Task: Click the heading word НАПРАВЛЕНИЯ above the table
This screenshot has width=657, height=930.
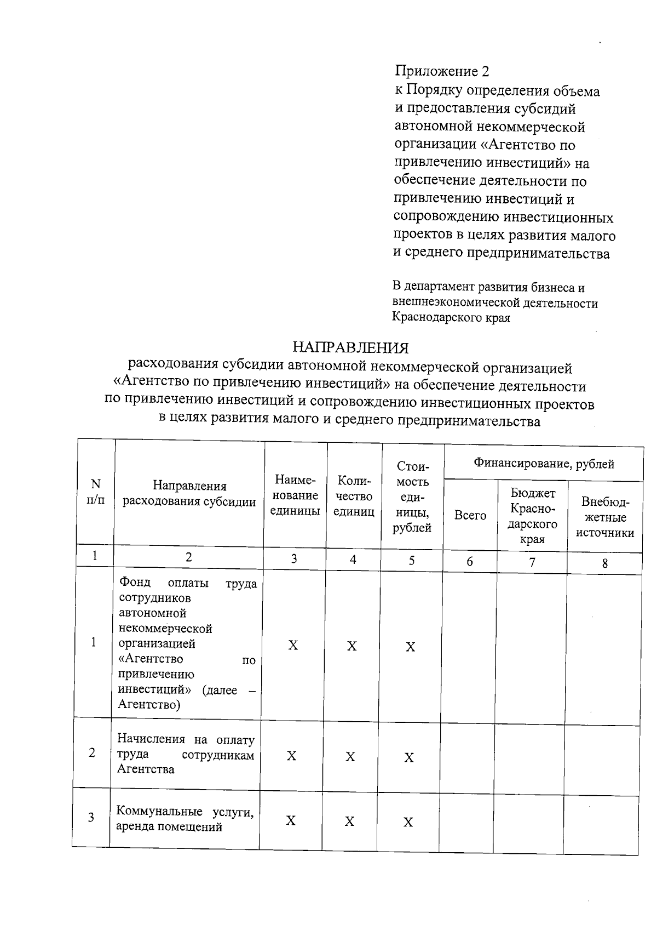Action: (350, 347)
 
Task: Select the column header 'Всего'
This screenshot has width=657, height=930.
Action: (470, 515)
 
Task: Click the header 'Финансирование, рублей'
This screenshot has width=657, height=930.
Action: (544, 464)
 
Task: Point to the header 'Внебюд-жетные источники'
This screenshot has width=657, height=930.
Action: (605, 517)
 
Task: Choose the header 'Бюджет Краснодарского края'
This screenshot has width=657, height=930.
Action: (532, 516)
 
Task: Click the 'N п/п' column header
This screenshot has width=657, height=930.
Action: (96, 492)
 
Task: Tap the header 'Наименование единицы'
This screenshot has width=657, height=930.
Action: (295, 495)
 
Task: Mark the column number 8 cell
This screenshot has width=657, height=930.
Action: (605, 563)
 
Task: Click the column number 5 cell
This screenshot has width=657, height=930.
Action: (412, 560)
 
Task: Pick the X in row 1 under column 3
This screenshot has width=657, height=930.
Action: (293, 646)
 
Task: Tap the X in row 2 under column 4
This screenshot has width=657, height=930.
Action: (350, 757)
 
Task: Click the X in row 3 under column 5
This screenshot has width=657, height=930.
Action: (408, 822)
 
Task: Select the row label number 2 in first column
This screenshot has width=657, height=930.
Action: (92, 753)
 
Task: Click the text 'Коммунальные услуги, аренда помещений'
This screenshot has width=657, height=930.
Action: (185, 819)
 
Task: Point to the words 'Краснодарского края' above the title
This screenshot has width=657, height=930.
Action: (451, 317)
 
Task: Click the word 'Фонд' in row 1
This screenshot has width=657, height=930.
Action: (135, 583)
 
